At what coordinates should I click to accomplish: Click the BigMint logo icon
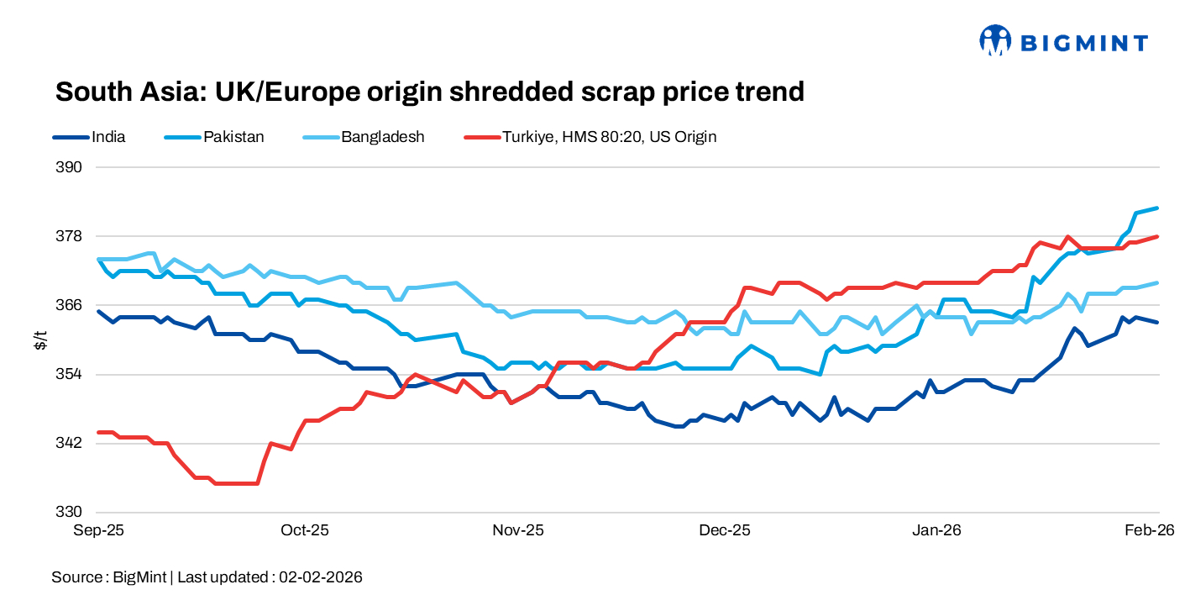click(x=995, y=39)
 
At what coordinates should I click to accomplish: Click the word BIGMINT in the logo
click(x=1083, y=42)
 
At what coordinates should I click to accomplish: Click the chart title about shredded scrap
click(x=429, y=92)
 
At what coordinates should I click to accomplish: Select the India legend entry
click(x=108, y=136)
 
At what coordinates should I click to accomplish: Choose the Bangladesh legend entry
click(x=382, y=136)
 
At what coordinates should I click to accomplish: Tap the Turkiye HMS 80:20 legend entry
click(x=609, y=136)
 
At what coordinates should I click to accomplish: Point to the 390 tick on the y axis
click(x=71, y=167)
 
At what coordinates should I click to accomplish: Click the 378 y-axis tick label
click(x=71, y=236)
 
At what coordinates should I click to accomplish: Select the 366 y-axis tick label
click(x=71, y=305)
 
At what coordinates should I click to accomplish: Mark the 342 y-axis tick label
click(x=71, y=443)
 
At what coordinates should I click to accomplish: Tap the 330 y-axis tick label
click(x=71, y=512)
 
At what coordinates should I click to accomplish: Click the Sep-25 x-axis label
click(x=99, y=531)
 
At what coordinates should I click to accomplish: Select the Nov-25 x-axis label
click(x=518, y=531)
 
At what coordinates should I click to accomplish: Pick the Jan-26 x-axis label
click(x=937, y=531)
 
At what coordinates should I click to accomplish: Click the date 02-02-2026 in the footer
click(x=321, y=577)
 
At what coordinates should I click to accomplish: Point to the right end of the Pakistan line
click(x=1159, y=208)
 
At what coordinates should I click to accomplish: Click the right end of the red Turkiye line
click(x=1159, y=236)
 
